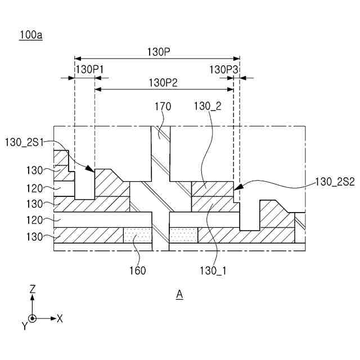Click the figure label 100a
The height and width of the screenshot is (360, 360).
tap(31, 35)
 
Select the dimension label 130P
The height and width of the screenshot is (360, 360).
tap(159, 52)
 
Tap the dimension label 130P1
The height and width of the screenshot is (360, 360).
tap(89, 69)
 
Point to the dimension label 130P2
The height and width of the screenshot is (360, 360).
tap(163, 83)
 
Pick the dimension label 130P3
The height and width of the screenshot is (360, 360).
tap(223, 69)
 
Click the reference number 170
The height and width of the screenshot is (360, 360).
tap(163, 106)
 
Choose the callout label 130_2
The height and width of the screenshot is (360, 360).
tap(208, 106)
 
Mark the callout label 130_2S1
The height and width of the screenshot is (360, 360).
tap(24, 142)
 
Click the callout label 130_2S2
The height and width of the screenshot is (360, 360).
tap(335, 182)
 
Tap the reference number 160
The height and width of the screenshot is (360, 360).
tap(137, 271)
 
